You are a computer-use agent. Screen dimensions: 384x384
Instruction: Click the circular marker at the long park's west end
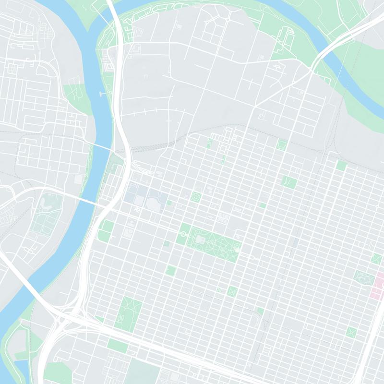click(x=183, y=234)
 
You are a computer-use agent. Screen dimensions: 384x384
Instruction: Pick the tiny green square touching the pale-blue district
click(x=169, y=203)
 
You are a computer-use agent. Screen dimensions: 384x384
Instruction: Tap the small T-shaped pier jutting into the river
click(x=102, y=93)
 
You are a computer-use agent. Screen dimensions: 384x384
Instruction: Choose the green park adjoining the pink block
click(x=362, y=277)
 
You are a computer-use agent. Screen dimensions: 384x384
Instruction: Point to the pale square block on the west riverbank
click(x=78, y=179)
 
